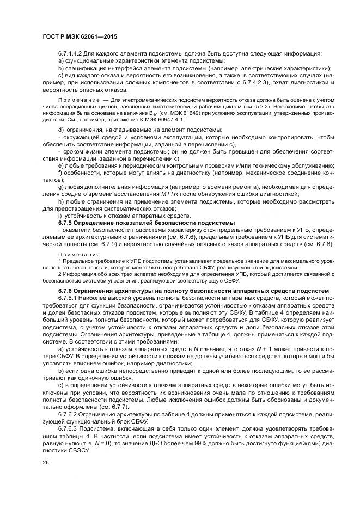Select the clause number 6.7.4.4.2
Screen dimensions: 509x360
pyautogui.click(x=71, y=53)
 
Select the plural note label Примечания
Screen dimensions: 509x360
pyautogui.click(x=75, y=255)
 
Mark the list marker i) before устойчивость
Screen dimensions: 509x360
pyautogui.click(x=59, y=216)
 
